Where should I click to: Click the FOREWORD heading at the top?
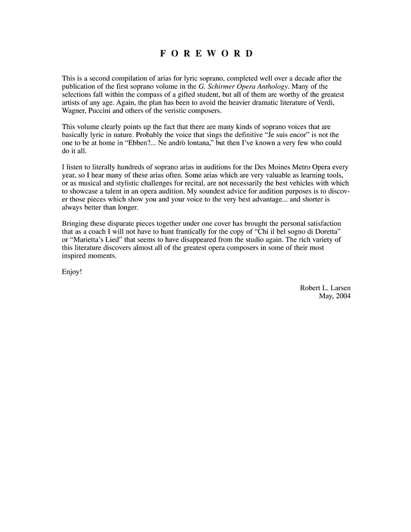coord(206,53)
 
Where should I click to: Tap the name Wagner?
coord(74,110)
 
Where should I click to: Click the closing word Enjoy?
coord(71,272)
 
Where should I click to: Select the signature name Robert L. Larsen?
coord(325,288)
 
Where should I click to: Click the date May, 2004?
coord(334,296)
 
